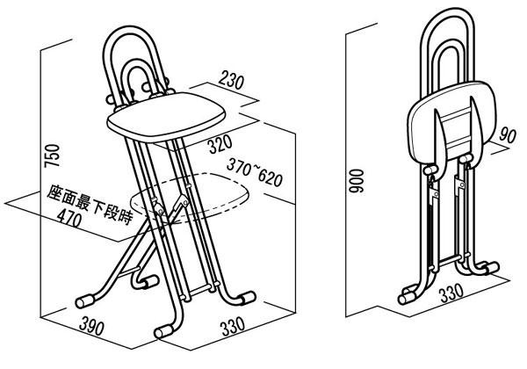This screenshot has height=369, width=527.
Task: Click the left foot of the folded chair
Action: (x=408, y=292)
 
